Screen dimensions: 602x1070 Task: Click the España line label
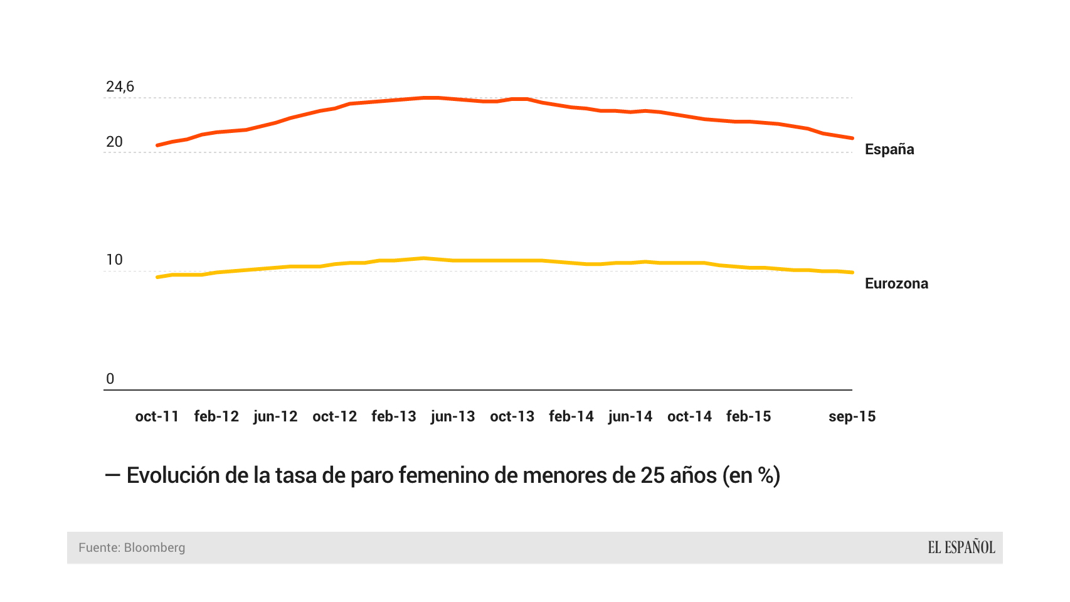pyautogui.click(x=889, y=149)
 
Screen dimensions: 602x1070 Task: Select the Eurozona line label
pyautogui.click(x=896, y=283)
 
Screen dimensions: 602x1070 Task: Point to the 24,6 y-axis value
pyautogui.click(x=120, y=87)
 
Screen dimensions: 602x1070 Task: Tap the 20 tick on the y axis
pyautogui.click(x=114, y=142)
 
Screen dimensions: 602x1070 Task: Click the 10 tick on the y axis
pyautogui.click(x=114, y=260)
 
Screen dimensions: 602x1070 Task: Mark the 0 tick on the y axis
pyautogui.click(x=110, y=379)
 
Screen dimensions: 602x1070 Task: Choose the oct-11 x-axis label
pyautogui.click(x=157, y=416)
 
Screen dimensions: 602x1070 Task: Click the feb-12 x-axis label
pyautogui.click(x=216, y=416)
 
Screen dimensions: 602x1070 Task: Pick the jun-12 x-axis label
pyautogui.click(x=275, y=416)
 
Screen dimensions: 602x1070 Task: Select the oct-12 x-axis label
pyautogui.click(x=334, y=416)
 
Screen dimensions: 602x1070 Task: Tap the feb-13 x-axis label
pyautogui.click(x=394, y=416)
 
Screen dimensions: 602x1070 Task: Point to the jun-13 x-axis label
pyautogui.click(x=453, y=416)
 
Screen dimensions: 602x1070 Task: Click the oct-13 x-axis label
pyautogui.click(x=512, y=416)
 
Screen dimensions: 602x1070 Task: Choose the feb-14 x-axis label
pyautogui.click(x=571, y=416)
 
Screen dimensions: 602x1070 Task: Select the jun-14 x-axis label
pyautogui.click(x=630, y=416)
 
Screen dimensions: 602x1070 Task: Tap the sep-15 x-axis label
pyautogui.click(x=852, y=416)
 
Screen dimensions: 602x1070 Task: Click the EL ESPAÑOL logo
pyautogui.click(x=961, y=547)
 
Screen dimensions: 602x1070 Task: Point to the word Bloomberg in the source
pyautogui.click(x=154, y=547)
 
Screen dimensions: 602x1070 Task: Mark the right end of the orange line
pyautogui.click(x=852, y=138)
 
